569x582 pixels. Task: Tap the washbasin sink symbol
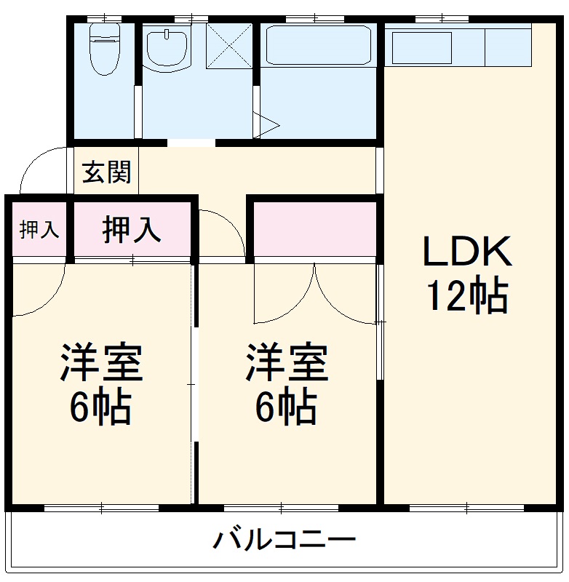point(167,47)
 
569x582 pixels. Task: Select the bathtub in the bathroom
point(318,45)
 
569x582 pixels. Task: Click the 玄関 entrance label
point(106,172)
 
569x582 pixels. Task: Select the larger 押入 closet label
point(131,230)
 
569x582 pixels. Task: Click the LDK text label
point(467,252)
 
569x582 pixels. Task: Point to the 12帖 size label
point(467,295)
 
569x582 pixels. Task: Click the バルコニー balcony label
point(284,541)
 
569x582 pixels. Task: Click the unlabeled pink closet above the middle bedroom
point(314,228)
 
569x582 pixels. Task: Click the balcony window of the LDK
point(466,506)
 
